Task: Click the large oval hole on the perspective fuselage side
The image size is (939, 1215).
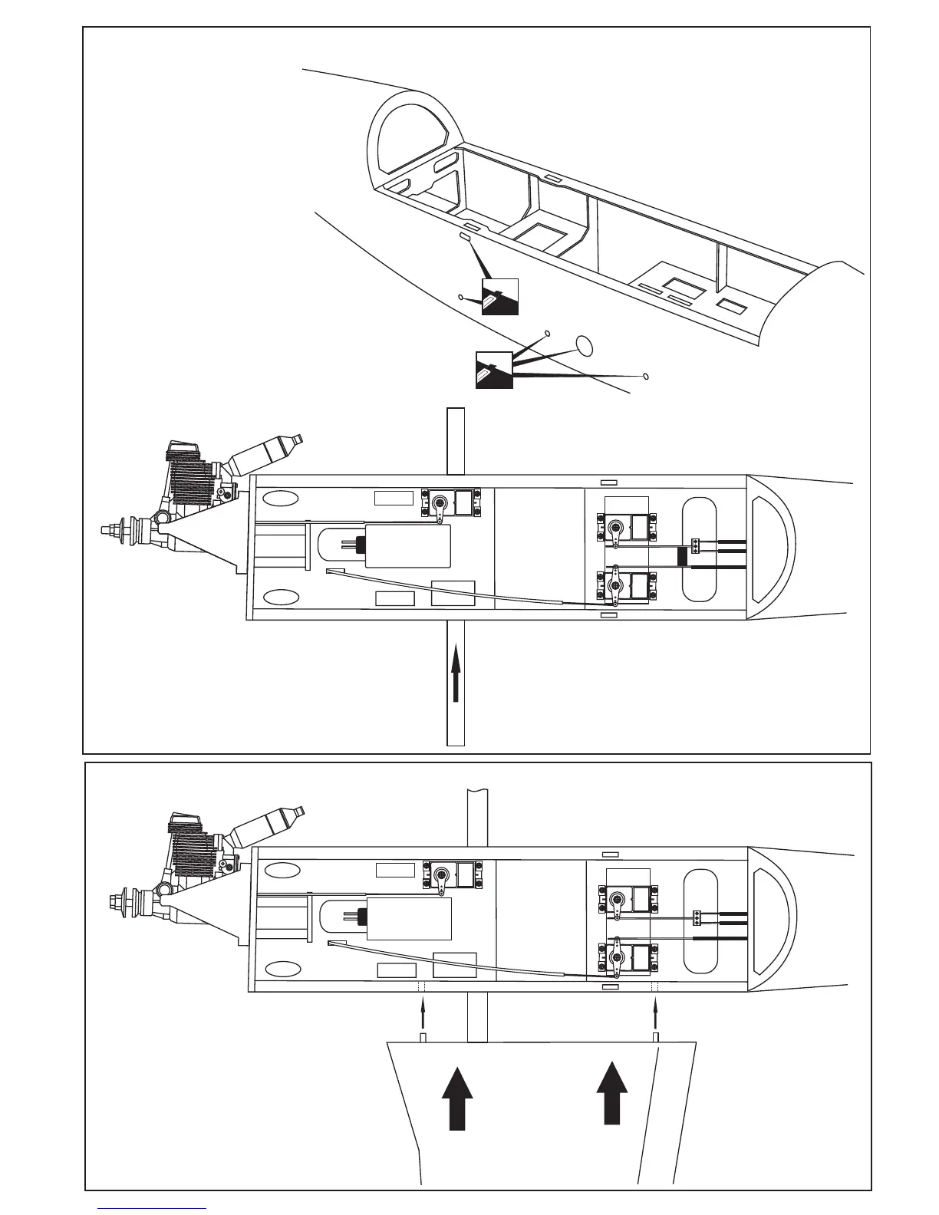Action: (585, 345)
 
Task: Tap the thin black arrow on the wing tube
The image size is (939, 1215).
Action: (456, 673)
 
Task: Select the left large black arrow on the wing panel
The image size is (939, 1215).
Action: (457, 1096)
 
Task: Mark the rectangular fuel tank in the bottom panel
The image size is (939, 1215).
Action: (409, 917)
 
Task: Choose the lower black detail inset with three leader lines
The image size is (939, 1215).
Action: (494, 370)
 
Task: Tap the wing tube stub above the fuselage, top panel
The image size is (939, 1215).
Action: (456, 440)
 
